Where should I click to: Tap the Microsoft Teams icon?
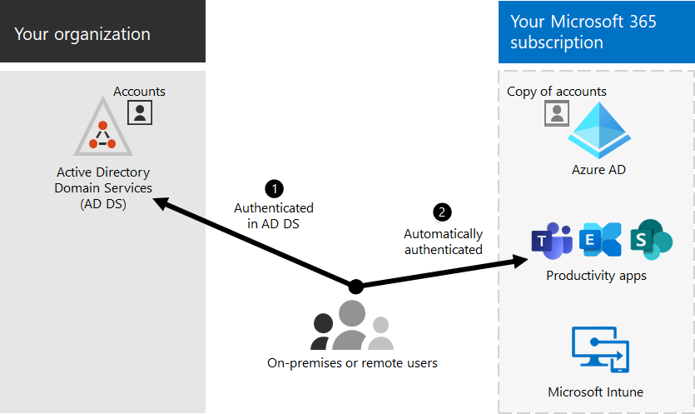point(552,241)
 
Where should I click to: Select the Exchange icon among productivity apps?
point(600,240)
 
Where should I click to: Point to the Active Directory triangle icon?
point(103,128)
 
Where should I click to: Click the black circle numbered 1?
point(273,188)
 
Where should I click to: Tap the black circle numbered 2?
point(442,212)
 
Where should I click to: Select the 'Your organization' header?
point(82,34)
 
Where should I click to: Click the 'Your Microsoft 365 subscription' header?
point(583,32)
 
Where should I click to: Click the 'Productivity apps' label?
point(596,276)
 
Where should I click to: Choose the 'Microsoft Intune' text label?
point(595,392)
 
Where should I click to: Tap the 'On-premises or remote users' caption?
point(352,363)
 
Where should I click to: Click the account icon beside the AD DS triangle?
point(140,112)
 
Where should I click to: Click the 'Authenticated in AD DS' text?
point(274,215)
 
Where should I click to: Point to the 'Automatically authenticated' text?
point(443,242)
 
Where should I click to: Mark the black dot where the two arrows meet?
point(356,287)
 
